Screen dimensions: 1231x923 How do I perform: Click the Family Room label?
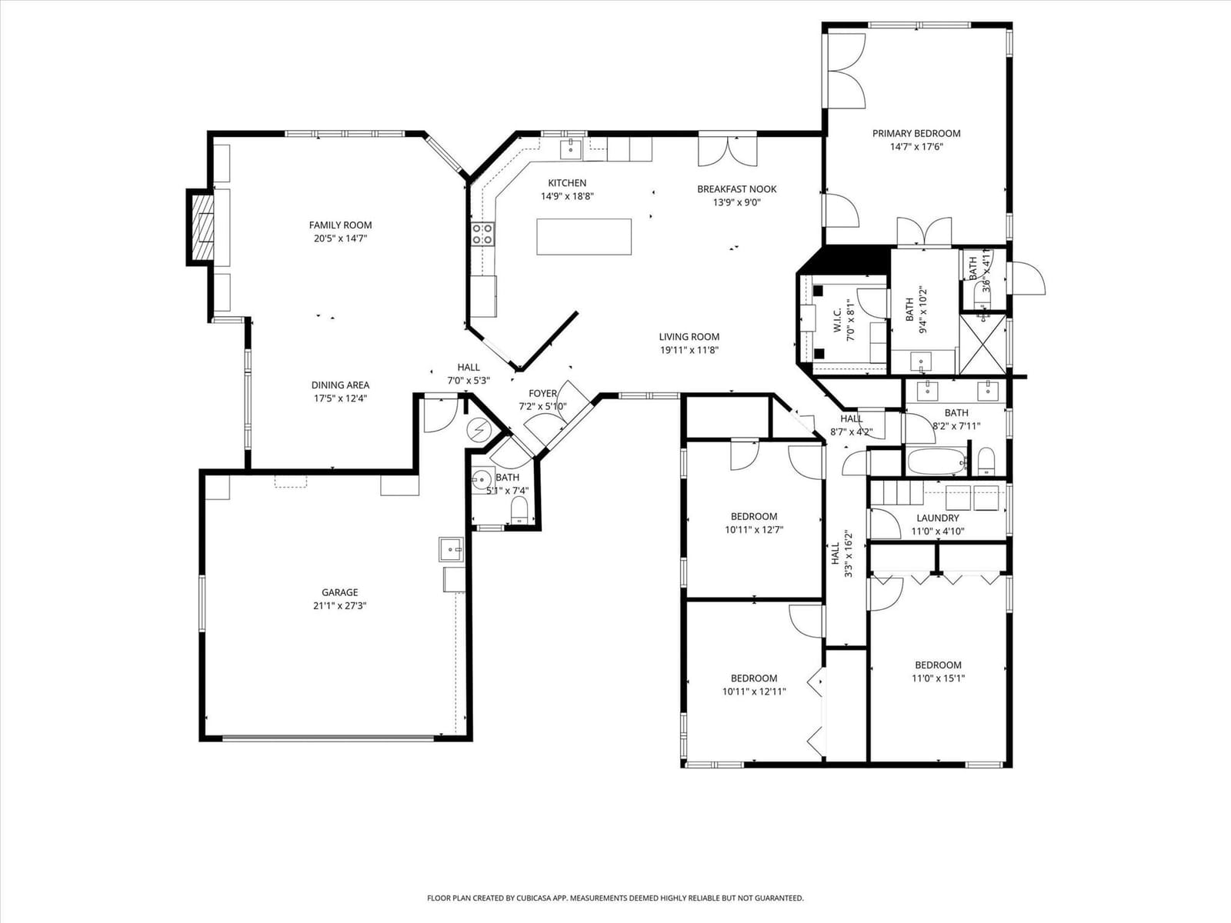(340, 225)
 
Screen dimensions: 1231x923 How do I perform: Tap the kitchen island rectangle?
(584, 236)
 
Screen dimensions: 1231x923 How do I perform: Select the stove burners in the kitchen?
(482, 234)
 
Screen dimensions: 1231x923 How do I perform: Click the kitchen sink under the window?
(571, 150)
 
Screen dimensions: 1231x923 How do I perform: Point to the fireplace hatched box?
(203, 228)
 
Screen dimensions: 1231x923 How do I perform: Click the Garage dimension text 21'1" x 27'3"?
(340, 606)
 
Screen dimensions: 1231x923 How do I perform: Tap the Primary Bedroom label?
(916, 133)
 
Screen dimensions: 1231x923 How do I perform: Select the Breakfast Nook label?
(737, 189)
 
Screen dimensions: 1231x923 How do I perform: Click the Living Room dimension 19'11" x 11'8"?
(689, 350)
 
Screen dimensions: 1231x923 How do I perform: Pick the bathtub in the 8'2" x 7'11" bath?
(936, 461)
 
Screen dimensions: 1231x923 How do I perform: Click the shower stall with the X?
(982, 345)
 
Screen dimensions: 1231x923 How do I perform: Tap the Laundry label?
(938, 518)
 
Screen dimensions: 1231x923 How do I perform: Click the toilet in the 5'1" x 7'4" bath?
(520, 510)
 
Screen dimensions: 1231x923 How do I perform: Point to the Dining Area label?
(340, 385)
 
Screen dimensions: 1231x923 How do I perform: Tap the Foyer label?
(543, 394)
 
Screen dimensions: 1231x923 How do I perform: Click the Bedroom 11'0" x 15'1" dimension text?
(938, 678)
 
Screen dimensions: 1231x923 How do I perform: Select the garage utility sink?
(451, 550)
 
